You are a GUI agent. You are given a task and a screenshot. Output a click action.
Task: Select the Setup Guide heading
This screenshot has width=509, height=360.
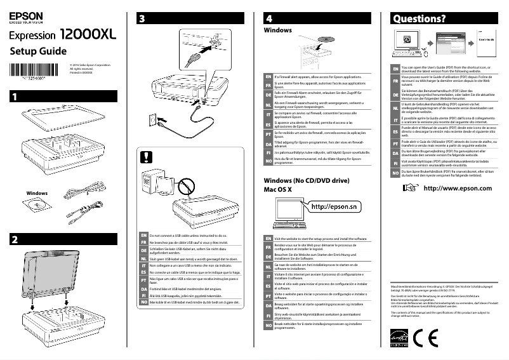tap(36, 51)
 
